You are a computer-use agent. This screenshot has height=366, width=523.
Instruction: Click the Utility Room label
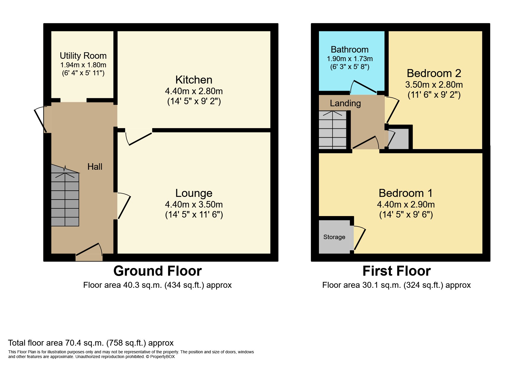click(x=83, y=56)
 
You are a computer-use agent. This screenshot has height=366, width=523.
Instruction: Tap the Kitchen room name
click(x=194, y=80)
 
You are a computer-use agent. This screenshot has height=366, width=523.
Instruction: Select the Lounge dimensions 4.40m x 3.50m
click(x=194, y=204)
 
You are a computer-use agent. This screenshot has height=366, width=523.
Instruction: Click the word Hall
click(x=95, y=167)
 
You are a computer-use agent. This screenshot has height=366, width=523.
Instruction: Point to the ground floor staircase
click(x=65, y=195)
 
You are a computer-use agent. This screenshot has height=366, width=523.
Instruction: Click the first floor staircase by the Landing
click(x=333, y=130)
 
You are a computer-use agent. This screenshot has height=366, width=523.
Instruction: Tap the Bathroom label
click(x=350, y=50)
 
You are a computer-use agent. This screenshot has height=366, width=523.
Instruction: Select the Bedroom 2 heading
click(x=434, y=73)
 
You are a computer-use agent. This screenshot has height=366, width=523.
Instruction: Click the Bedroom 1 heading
click(x=406, y=193)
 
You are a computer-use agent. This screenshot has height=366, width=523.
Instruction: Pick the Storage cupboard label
click(x=334, y=237)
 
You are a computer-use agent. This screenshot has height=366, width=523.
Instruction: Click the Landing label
click(x=345, y=103)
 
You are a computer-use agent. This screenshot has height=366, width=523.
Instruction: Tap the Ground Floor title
click(x=157, y=271)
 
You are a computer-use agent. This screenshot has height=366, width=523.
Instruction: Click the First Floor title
click(x=397, y=271)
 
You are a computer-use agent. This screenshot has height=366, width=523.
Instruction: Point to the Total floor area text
click(x=91, y=343)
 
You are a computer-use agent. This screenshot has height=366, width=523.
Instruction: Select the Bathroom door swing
click(x=363, y=87)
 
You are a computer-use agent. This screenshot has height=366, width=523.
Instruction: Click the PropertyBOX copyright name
click(x=162, y=357)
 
